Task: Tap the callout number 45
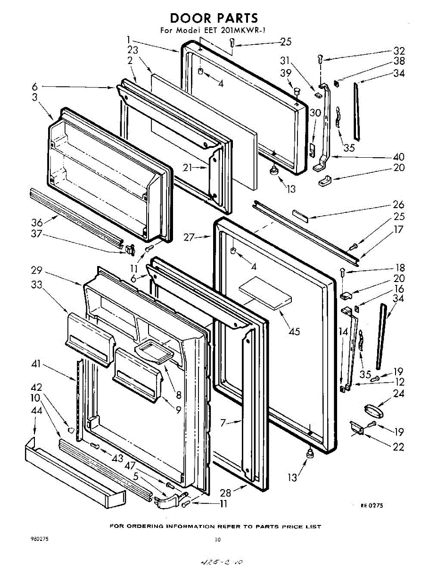(294, 331)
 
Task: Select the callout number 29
(38, 271)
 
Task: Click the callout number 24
(399, 394)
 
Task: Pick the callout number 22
(399, 447)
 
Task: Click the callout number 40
(399, 157)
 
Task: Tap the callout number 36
(37, 222)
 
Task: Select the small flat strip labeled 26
(302, 215)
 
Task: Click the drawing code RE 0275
(372, 505)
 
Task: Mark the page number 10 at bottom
(217, 540)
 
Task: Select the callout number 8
(179, 395)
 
